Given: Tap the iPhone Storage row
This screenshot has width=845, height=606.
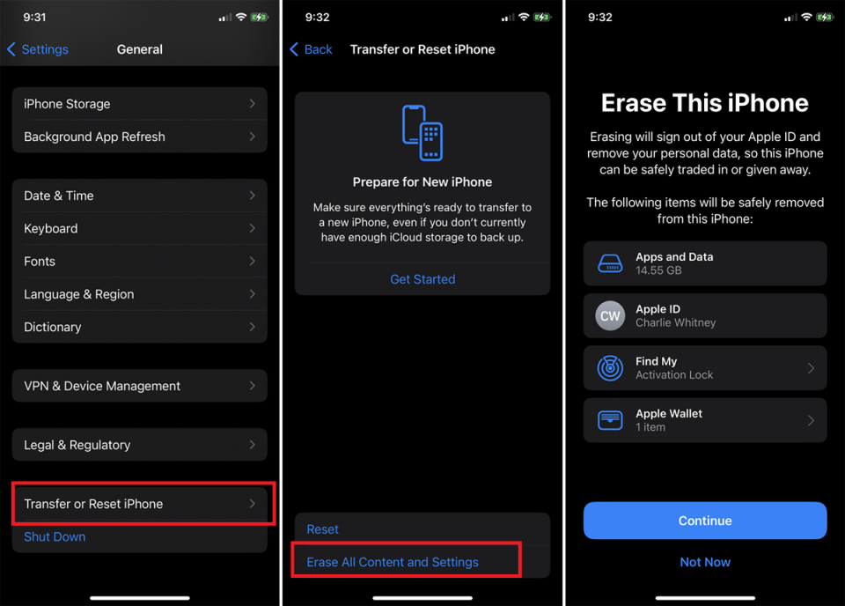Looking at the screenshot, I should (x=139, y=104).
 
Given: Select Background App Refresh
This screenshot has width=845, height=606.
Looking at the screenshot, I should (x=139, y=137).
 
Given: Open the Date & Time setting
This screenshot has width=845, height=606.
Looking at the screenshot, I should (x=139, y=196).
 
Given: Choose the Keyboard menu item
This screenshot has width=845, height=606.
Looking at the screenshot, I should (x=139, y=228).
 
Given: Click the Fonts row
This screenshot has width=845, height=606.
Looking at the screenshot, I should (x=139, y=262).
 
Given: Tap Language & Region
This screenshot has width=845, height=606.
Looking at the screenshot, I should (x=139, y=294).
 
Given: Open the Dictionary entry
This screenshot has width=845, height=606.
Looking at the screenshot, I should (x=139, y=327).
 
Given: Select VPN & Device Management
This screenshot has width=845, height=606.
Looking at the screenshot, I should (x=139, y=386).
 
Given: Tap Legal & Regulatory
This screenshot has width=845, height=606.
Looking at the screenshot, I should (x=139, y=445).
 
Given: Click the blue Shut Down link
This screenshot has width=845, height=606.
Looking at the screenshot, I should (x=55, y=536).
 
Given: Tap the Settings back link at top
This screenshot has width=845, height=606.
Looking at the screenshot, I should (x=38, y=49).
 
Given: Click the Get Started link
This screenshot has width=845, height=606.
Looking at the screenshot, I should (x=422, y=279).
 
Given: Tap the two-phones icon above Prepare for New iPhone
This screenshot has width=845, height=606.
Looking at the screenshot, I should (x=422, y=133).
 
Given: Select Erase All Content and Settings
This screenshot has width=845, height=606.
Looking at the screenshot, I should (x=393, y=562).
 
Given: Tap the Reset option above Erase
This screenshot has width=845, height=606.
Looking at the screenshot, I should (x=323, y=529).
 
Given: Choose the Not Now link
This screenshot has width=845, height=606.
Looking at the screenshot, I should (x=705, y=562).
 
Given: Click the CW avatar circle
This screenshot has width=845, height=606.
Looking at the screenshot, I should (x=610, y=315).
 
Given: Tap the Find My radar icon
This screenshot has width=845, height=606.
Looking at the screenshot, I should (x=610, y=368).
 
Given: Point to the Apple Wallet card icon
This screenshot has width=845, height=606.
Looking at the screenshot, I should (x=610, y=420).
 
